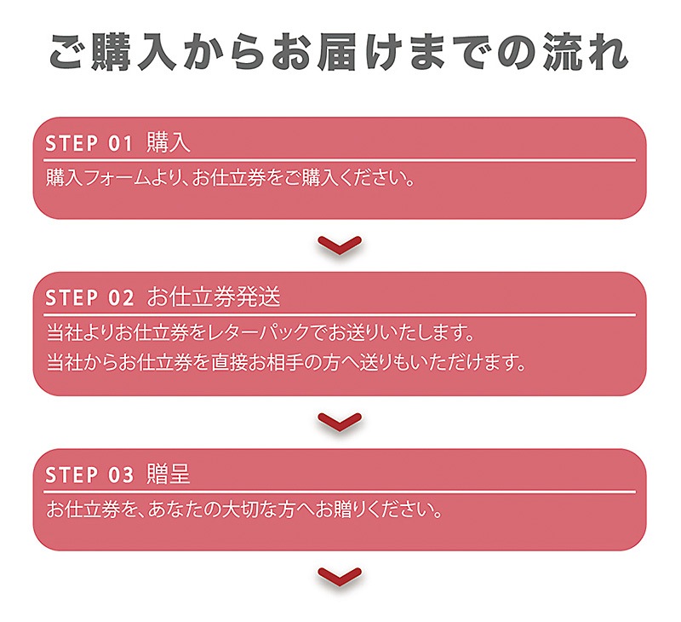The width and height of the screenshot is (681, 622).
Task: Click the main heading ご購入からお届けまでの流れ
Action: coord(339,52)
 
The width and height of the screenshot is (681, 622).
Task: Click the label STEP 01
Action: coord(89,143)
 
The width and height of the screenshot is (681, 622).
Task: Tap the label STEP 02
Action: coord(89,298)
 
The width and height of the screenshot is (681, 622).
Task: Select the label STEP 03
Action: coord(89,475)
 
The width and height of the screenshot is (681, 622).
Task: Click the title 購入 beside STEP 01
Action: coord(169,142)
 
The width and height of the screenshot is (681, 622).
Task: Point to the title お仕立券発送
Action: coord(214,297)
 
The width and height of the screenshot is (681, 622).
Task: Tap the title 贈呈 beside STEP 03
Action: coord(169,474)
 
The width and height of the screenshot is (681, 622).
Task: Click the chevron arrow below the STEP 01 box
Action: coord(340,245)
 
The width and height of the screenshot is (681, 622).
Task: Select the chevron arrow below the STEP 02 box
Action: coord(340,422)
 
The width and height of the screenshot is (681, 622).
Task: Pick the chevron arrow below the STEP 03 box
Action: coord(340,577)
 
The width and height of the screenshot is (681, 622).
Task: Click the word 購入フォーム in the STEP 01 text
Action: coord(97,178)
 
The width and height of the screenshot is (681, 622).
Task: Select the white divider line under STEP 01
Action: coord(340,160)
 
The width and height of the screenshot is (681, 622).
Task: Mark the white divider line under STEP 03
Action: coord(340,492)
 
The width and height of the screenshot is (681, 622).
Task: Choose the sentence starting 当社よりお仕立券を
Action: coord(260,333)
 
